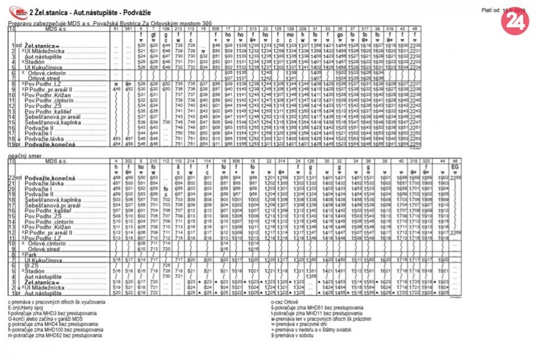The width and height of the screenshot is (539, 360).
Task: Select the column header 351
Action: click(128, 28)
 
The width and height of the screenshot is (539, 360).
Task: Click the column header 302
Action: click(129, 161)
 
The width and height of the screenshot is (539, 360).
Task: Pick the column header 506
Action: click(235, 161)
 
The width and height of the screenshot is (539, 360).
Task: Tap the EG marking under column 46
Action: click(455, 167)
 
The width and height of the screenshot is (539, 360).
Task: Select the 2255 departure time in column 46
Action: click(455, 178)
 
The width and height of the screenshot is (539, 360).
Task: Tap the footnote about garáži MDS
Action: click(41, 319)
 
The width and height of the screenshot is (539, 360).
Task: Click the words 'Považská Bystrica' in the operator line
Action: click(124, 22)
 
